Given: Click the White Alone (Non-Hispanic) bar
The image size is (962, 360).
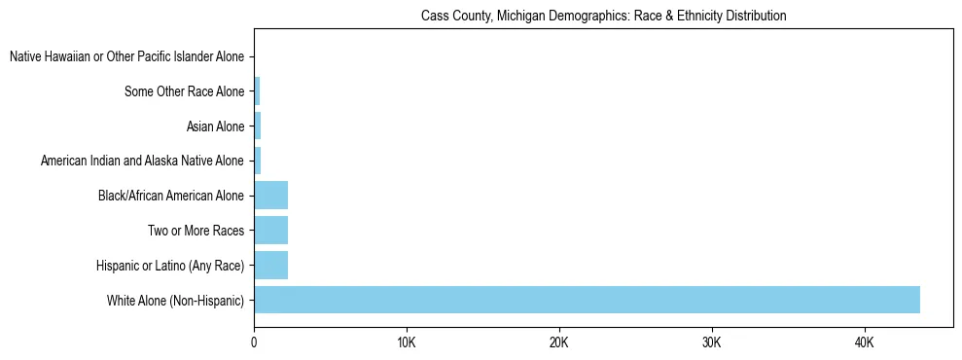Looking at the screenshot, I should (x=587, y=300).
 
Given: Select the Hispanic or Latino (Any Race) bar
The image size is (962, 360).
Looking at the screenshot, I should (x=270, y=265).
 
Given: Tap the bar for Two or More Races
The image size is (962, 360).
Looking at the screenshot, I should (x=270, y=231).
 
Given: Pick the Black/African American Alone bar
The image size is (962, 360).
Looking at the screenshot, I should (x=270, y=196).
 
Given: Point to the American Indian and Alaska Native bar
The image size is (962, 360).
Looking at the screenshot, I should (x=258, y=161).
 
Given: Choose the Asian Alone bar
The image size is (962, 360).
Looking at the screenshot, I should (x=258, y=126).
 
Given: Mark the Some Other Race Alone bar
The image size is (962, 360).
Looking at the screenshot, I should (x=257, y=91).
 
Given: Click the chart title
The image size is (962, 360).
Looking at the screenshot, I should (x=603, y=16).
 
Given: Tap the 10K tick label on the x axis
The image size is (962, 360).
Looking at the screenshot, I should (x=407, y=342).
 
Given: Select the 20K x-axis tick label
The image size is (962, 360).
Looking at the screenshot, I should (x=559, y=342).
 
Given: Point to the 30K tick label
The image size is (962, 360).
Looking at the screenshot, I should (x=712, y=342).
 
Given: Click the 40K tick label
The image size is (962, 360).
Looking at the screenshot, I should (x=865, y=342).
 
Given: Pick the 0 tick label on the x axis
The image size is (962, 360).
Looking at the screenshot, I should (x=254, y=342).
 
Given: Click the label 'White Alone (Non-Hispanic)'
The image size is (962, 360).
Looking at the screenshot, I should (x=176, y=301).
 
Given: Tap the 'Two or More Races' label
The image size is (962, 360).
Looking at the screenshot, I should (x=196, y=231).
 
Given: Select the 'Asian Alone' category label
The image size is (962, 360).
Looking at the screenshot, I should (x=216, y=126).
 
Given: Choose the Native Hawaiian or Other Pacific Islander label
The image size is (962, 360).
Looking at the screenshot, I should (x=127, y=57).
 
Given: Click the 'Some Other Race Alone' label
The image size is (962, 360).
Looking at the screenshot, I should (x=185, y=91).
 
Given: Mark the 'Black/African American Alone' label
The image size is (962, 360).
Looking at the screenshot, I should (x=171, y=196).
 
